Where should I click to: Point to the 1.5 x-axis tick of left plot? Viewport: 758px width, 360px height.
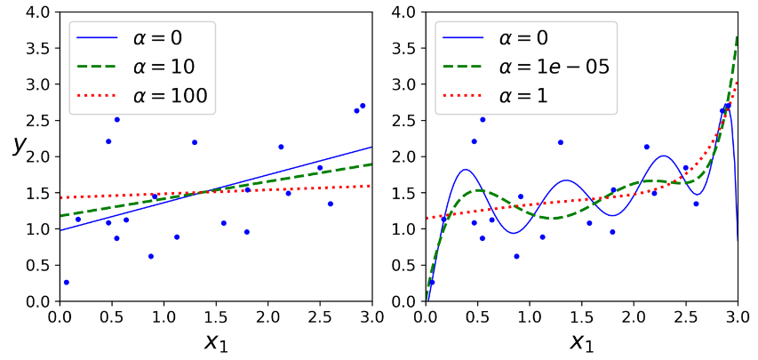click(x=216, y=317)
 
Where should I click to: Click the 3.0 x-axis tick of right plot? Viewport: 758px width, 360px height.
click(x=738, y=317)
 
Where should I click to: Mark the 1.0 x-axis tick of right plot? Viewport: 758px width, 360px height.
click(x=530, y=317)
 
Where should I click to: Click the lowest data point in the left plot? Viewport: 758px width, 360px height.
click(x=66, y=282)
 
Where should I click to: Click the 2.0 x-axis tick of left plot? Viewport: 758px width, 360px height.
click(x=267, y=317)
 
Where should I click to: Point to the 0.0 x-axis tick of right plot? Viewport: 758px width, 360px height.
click(x=426, y=317)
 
